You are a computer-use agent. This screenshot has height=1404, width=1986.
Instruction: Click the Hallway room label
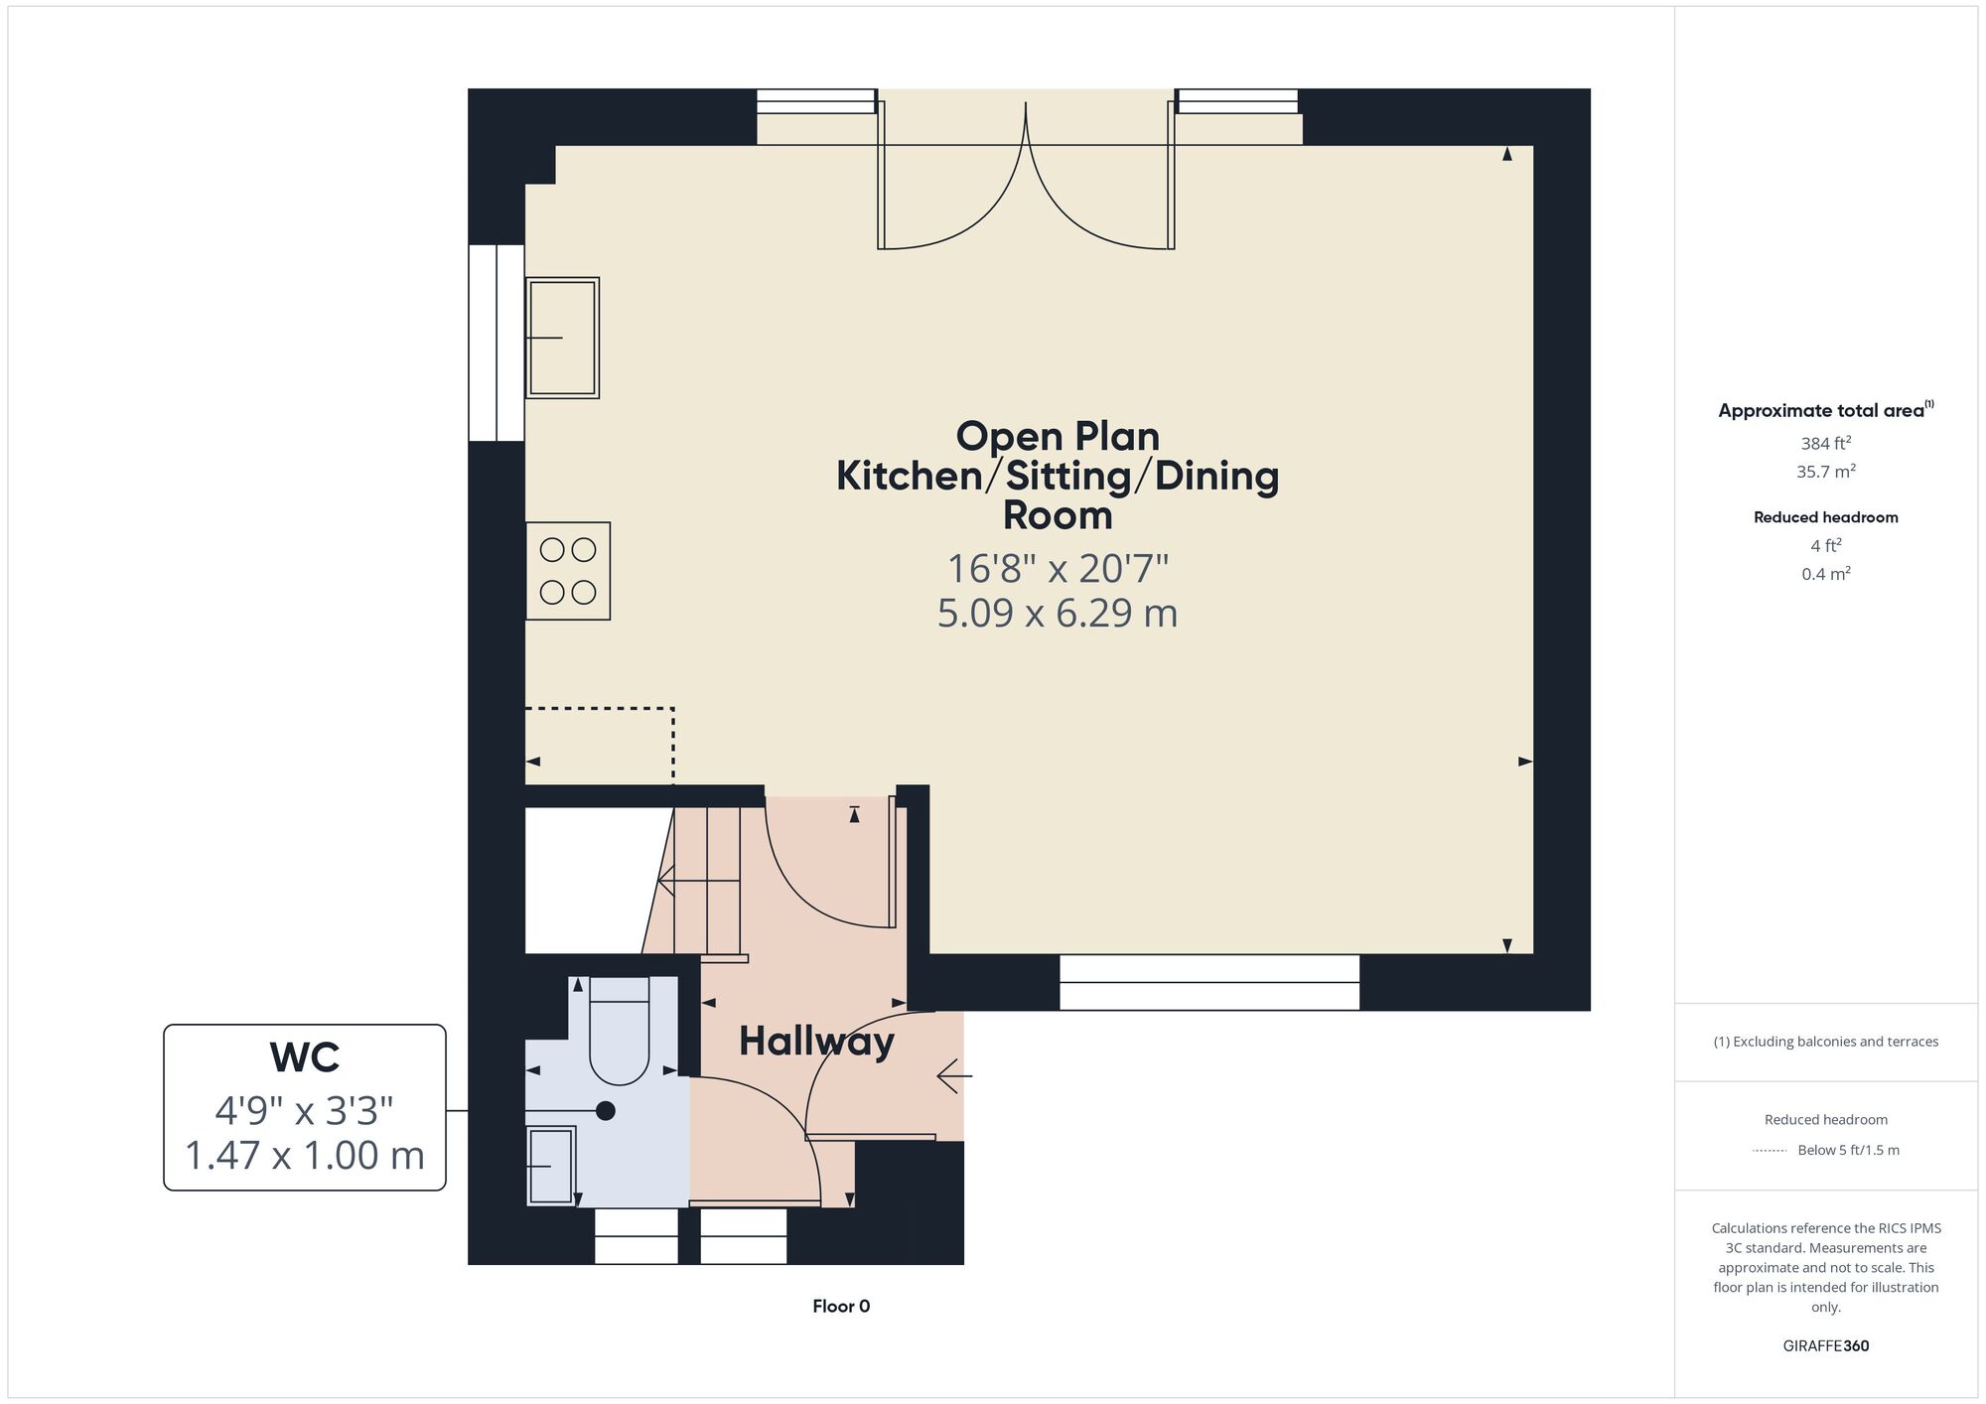[816, 1042]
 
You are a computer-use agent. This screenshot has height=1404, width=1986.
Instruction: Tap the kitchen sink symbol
[562, 338]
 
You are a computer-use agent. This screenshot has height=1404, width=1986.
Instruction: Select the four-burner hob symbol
[568, 571]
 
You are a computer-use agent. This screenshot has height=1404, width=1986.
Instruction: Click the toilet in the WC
[620, 1030]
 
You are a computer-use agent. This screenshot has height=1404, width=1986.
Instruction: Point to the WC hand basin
[551, 1166]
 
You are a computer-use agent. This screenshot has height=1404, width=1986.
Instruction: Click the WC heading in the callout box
[305, 1057]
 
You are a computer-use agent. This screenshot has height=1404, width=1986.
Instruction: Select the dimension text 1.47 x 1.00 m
[305, 1155]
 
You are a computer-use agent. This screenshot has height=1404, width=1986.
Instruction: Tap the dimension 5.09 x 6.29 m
[1058, 613]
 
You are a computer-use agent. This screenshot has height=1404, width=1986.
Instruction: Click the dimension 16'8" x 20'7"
[1058, 569]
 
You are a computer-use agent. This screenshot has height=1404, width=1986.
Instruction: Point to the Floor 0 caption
[841, 1306]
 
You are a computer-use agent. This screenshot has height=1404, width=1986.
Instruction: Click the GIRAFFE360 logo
[1826, 1346]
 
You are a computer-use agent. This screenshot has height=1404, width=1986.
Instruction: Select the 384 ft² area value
[1826, 443]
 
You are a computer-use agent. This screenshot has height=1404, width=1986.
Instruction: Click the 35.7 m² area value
[1826, 471]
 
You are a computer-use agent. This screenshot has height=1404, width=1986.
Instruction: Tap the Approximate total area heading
[1826, 410]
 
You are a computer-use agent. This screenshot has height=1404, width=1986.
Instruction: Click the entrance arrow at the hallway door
[954, 1075]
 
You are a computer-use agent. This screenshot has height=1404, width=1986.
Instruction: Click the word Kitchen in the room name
[910, 476]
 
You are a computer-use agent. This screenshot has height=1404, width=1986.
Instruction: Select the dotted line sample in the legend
[1770, 1151]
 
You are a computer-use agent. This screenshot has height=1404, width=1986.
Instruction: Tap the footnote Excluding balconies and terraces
[1826, 1042]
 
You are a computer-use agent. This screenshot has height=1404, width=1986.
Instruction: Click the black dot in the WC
[606, 1111]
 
